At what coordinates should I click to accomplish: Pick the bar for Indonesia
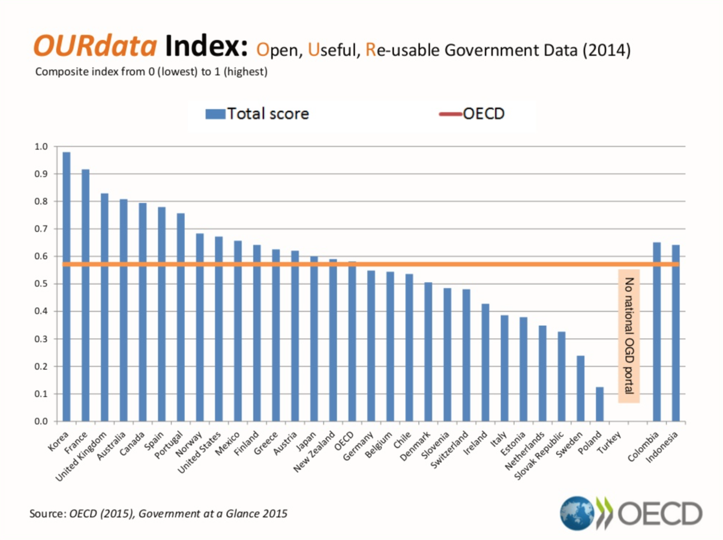coord(676,333)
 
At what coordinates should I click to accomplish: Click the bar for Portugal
coord(181,317)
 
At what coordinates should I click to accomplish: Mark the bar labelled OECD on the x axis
coord(352,341)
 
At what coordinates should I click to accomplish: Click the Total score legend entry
coord(257,113)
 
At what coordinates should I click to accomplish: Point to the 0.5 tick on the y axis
coord(41,284)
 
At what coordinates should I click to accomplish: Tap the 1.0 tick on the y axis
coord(41,146)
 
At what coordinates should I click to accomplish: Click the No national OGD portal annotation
coord(629,336)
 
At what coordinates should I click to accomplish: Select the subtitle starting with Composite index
coord(151,72)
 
